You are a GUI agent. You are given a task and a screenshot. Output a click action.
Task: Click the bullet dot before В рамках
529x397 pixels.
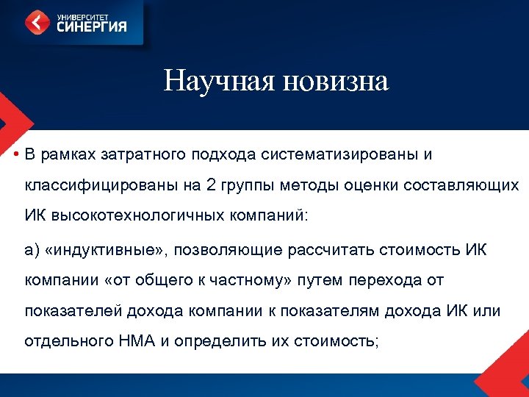point(15,154)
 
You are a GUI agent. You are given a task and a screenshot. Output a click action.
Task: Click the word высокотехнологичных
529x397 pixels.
point(133,216)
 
